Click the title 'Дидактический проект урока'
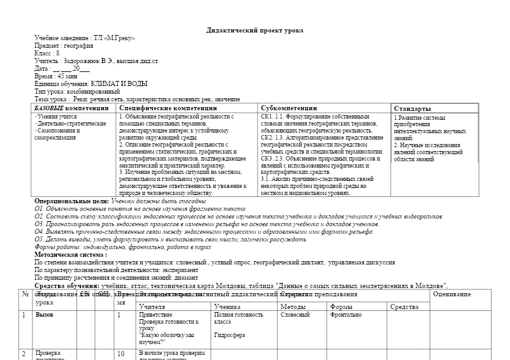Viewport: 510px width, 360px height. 255,31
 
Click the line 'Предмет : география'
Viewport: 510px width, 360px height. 62,46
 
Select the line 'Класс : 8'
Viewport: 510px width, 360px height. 47,54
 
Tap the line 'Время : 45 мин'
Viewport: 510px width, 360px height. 56,76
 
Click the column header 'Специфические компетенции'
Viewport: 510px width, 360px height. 168,108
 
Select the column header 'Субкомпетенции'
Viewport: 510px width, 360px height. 288,108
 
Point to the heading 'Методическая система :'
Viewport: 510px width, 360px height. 70,254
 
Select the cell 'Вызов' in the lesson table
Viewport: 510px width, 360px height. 45,315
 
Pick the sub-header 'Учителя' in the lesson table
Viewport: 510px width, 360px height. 152,307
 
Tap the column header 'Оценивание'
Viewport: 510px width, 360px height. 452,294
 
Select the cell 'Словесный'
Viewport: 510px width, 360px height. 295,315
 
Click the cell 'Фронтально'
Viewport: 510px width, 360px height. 346,315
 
